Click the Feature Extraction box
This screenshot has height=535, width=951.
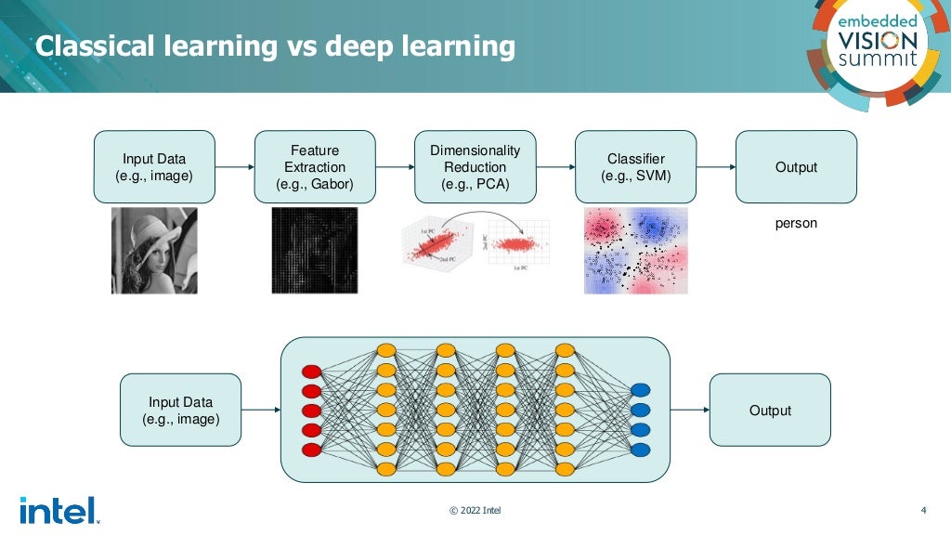click(x=315, y=167)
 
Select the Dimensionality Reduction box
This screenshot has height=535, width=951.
click(x=475, y=167)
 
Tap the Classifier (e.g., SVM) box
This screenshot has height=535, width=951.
click(x=636, y=167)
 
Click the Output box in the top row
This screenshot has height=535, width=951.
click(x=796, y=167)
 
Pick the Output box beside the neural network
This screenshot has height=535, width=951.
click(x=770, y=411)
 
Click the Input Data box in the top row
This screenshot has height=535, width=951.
click(x=154, y=167)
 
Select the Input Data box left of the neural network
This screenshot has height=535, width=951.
click(x=180, y=411)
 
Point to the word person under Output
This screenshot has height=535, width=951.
click(x=796, y=224)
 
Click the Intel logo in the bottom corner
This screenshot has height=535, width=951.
click(x=58, y=510)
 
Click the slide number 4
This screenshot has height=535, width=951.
click(x=923, y=510)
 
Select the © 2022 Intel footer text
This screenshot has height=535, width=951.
click(x=475, y=511)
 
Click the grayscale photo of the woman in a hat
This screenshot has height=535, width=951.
click(x=154, y=251)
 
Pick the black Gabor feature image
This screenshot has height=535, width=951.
click(x=315, y=251)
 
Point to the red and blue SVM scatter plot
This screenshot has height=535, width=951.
click(x=636, y=251)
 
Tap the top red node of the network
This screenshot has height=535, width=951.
click(x=311, y=372)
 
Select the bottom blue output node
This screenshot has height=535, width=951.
click(x=640, y=450)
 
